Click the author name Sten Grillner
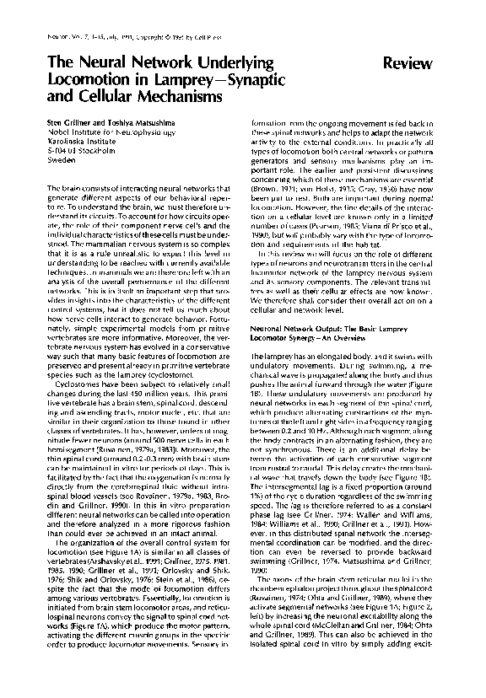68,123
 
